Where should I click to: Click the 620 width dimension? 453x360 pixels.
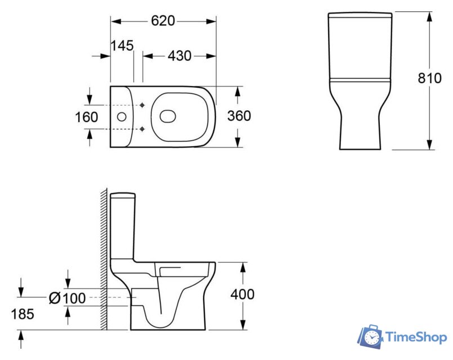coord(163,21)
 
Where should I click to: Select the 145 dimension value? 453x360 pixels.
coord(122,46)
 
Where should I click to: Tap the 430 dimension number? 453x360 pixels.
coord(180,56)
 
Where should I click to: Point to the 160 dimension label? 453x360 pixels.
coord(87,118)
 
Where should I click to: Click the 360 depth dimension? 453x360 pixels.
coord(239,116)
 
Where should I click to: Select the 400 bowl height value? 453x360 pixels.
coord(243,294)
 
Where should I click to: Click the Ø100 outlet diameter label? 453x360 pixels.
coord(68,298)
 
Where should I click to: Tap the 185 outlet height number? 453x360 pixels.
coord(22,314)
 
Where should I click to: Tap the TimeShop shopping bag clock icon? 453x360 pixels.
coord(371,336)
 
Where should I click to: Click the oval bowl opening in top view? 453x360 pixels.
coord(168,116)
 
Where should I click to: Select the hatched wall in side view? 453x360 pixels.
coord(104,259)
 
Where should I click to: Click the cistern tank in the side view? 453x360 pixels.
coord(123,225)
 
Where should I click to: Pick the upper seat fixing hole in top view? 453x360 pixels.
coord(143,105)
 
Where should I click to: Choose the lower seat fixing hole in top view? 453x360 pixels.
coord(143,128)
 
